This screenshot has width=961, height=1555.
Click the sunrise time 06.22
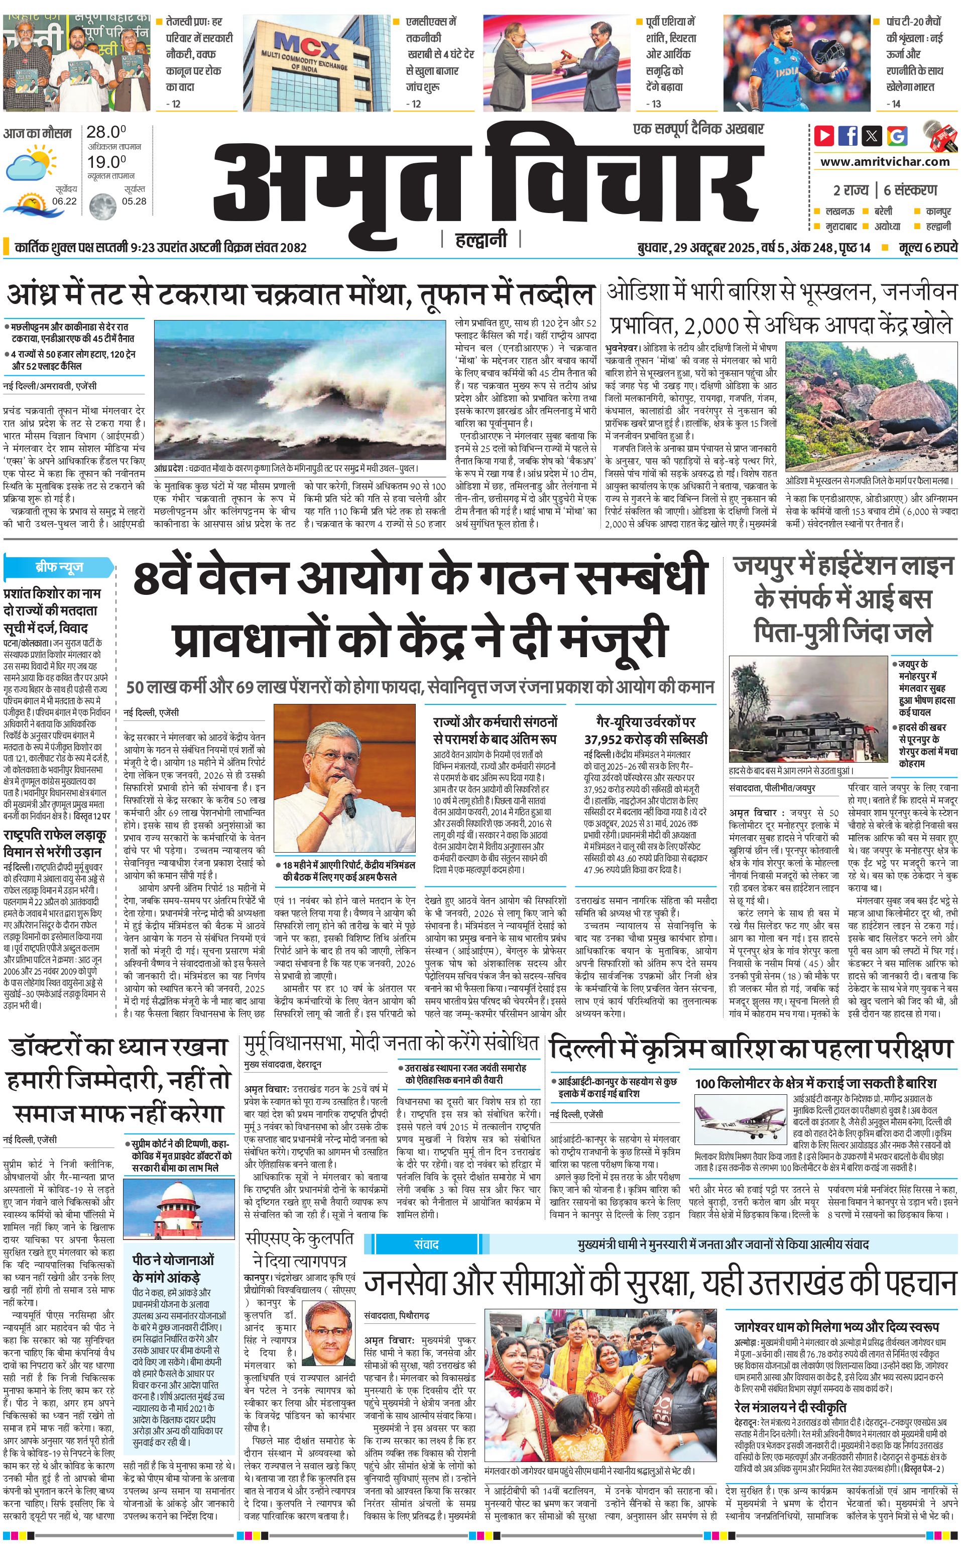point(64,201)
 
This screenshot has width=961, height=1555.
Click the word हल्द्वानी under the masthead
point(481,239)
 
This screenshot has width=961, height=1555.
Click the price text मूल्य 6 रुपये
point(928,247)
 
